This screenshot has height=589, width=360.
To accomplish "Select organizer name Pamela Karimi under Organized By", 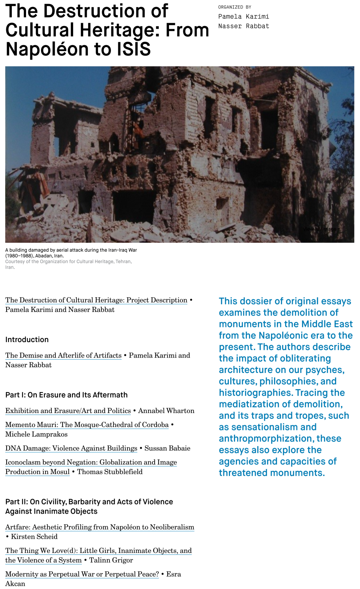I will (244, 17).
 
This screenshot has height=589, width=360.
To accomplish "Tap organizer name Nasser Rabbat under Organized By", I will (244, 26).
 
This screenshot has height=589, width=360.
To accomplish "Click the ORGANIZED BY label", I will (235, 7).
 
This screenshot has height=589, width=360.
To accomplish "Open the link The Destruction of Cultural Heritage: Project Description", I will (96, 300).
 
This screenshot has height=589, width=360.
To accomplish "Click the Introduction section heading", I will (27, 340).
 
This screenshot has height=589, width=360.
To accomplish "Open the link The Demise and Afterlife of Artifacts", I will (63, 355).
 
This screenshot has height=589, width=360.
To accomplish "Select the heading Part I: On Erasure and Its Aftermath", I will (66, 395).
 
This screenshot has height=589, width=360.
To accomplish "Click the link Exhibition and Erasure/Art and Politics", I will (68, 411).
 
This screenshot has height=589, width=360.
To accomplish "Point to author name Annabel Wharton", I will (166, 411).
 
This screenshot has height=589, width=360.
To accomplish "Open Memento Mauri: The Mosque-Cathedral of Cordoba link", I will (87, 425).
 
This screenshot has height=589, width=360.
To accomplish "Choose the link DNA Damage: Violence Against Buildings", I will (71, 448).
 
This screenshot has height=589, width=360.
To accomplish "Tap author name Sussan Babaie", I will (167, 448).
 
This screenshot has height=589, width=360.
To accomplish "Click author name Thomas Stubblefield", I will (109, 472).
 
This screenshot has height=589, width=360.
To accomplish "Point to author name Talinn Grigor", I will (111, 560).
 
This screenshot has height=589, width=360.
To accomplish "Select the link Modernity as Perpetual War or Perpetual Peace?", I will (82, 574).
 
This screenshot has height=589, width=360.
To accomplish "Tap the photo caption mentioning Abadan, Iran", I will (71, 253).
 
